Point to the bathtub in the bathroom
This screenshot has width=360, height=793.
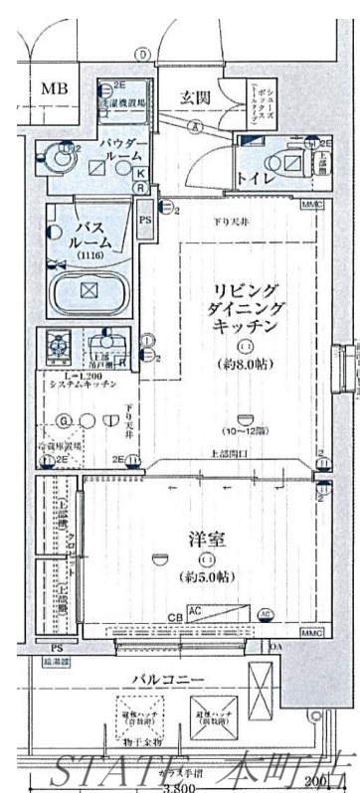(89, 292)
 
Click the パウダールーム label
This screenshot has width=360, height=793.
(121, 153)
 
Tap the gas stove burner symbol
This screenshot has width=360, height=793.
(58, 346)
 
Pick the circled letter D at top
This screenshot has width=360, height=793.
(143, 54)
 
